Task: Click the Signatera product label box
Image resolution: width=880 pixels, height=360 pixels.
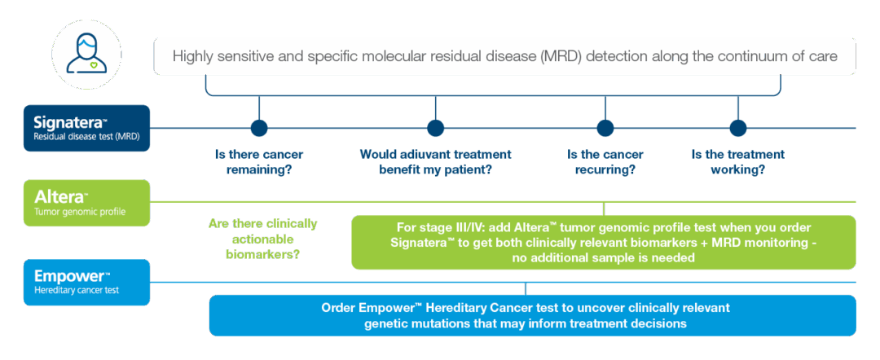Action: (x=86, y=128)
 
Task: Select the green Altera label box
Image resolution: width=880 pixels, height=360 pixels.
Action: (x=86, y=204)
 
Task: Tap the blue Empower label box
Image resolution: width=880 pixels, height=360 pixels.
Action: (x=86, y=282)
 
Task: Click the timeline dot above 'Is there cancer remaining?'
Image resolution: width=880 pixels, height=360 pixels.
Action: (x=259, y=128)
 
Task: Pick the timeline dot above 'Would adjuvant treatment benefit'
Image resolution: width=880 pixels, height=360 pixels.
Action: (x=436, y=128)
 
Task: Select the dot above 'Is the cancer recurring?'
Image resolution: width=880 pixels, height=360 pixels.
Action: (x=605, y=128)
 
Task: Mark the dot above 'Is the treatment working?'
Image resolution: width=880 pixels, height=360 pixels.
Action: (x=737, y=128)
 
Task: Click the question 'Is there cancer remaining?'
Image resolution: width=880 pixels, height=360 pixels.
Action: (x=259, y=162)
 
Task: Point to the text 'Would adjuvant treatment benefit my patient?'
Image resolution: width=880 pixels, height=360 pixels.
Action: (x=436, y=162)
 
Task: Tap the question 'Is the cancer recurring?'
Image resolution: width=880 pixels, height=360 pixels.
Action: (x=605, y=162)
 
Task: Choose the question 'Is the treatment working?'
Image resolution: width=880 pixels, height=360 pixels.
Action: (x=737, y=162)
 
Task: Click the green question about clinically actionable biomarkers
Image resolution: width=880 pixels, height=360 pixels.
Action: (x=262, y=239)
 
